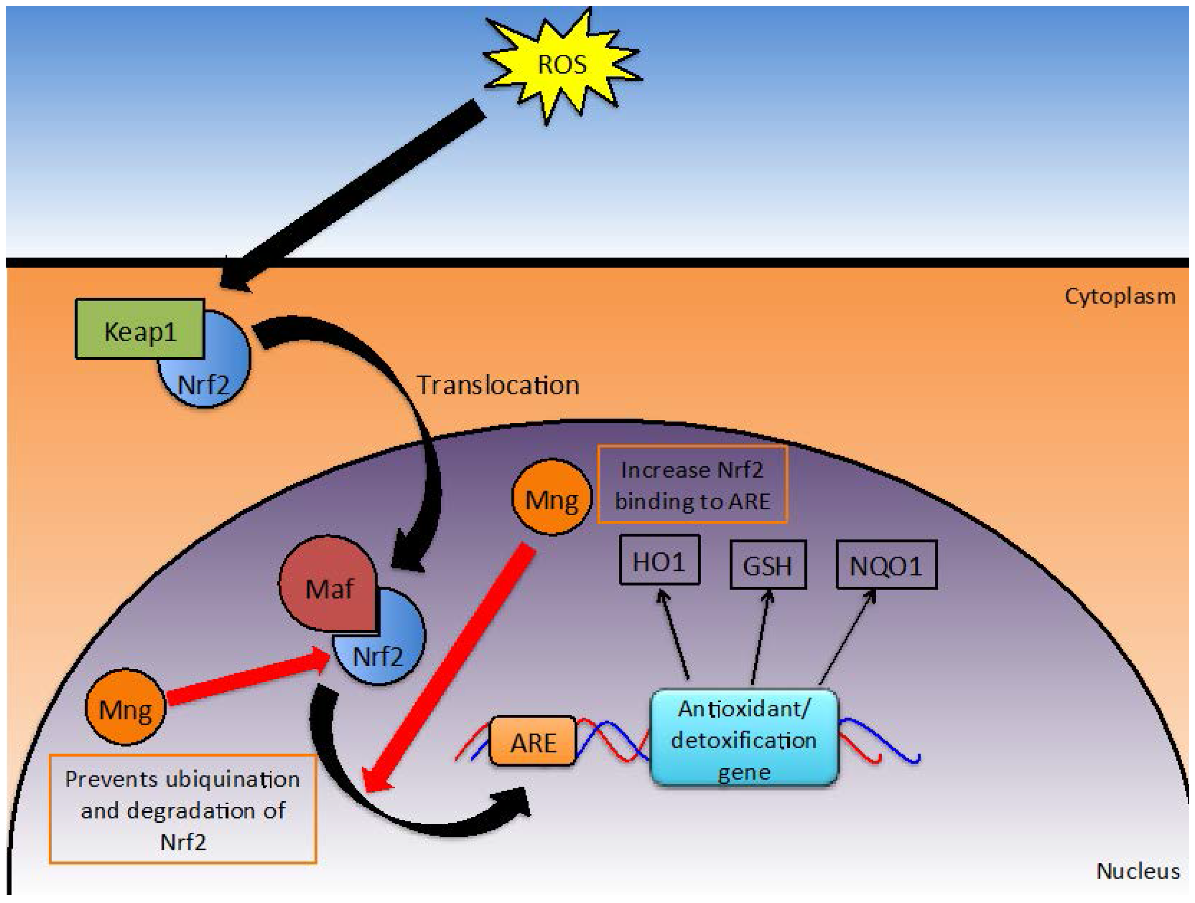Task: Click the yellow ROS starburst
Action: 562,65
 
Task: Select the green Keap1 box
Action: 140,329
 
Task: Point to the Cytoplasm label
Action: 1120,296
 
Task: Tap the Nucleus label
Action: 1137,871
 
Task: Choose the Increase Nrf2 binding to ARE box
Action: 692,485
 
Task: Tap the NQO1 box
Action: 886,565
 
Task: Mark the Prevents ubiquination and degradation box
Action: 183,809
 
